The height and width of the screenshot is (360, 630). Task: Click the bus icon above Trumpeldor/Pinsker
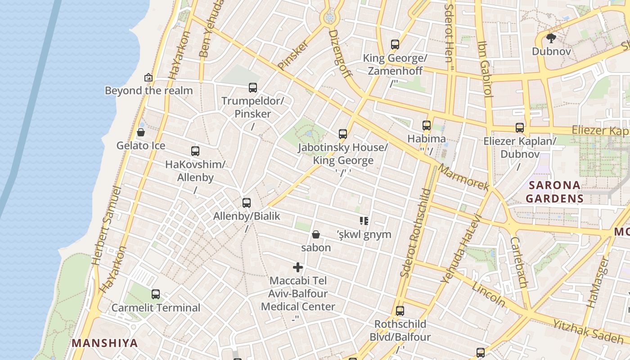click(x=253, y=88)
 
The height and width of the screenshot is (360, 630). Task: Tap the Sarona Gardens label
click(x=554, y=192)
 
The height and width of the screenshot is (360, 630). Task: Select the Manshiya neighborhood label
click(x=105, y=343)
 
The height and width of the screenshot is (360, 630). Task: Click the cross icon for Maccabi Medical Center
click(x=297, y=267)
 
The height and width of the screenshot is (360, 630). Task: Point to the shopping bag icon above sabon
click(x=316, y=234)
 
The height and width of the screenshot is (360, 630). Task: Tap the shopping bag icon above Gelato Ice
click(x=141, y=132)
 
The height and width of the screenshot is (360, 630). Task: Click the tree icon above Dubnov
click(x=551, y=38)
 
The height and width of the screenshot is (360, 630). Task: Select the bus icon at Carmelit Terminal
click(x=156, y=294)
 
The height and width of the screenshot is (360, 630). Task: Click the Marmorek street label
click(x=463, y=177)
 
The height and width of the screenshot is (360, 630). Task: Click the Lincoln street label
click(x=489, y=293)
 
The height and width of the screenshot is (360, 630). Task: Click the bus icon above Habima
click(x=427, y=126)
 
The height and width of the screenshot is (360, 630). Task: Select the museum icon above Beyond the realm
click(x=148, y=77)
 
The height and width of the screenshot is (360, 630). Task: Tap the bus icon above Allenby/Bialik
click(x=247, y=202)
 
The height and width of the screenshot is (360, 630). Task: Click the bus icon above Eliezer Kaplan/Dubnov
click(x=520, y=128)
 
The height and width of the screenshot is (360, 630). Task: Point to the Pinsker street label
click(x=293, y=55)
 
